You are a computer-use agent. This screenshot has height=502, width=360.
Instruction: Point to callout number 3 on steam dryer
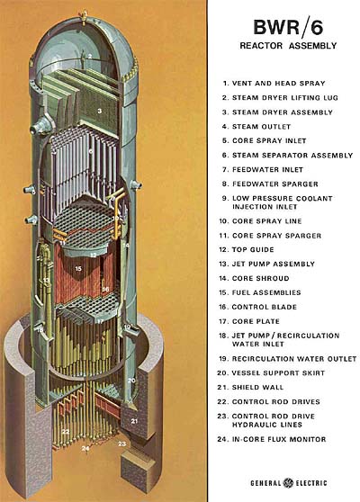point(100,110)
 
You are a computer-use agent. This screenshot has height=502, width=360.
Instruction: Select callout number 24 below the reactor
point(85,448)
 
